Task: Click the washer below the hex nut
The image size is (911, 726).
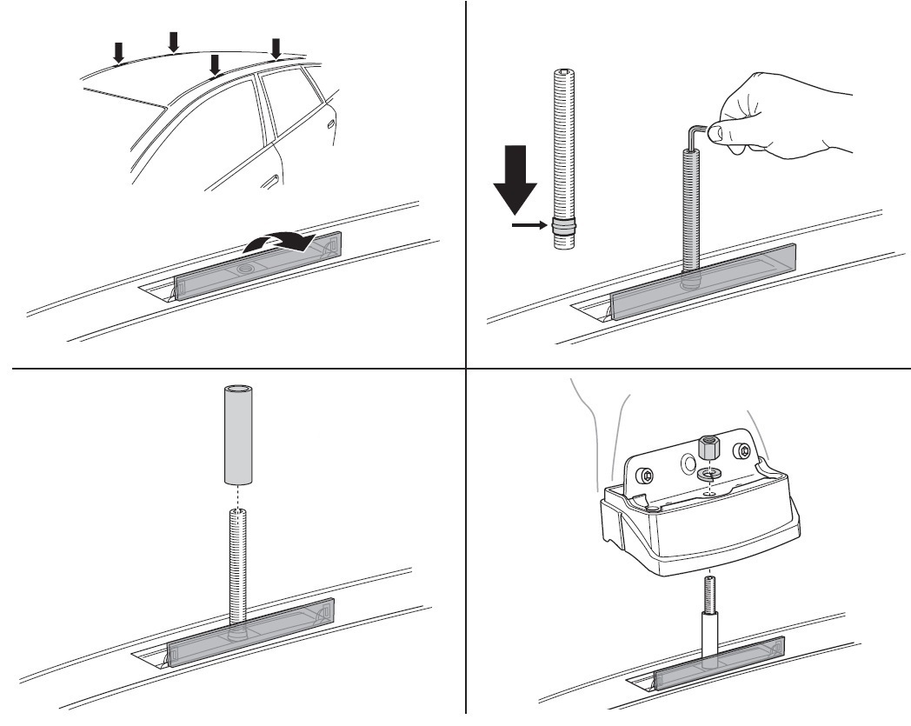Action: (708, 475)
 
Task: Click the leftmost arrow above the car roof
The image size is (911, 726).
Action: (119, 53)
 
